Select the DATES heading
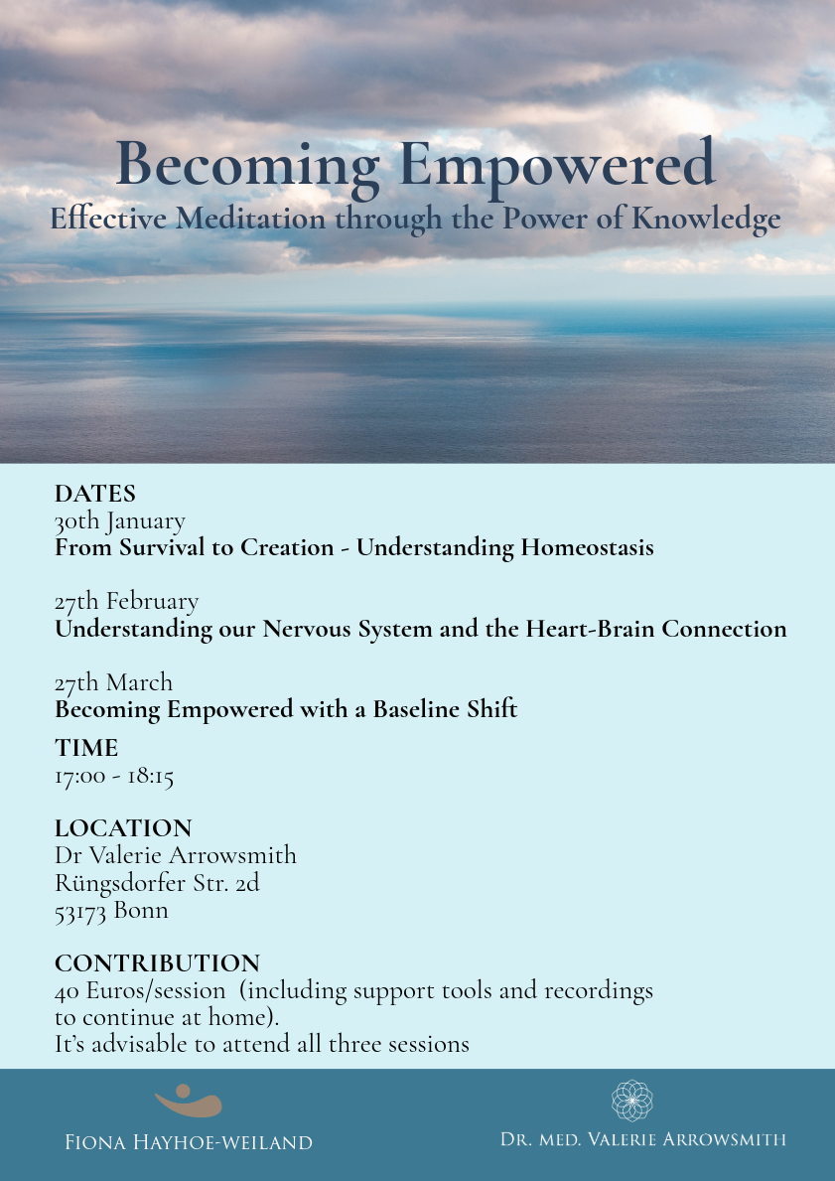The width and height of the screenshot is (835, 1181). (95, 494)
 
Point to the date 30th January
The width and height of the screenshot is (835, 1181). (119, 520)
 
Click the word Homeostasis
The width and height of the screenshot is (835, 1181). (579, 547)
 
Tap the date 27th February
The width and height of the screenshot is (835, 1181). (126, 601)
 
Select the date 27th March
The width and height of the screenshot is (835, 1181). (113, 682)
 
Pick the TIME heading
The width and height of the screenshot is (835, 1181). (86, 748)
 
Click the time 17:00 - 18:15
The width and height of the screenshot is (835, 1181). (114, 776)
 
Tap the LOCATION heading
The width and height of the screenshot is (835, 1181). (123, 828)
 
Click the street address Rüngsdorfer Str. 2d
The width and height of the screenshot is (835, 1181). (157, 882)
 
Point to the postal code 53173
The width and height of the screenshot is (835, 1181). (81, 910)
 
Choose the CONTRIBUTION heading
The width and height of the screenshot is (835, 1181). (157, 963)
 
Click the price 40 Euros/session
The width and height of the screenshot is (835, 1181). (139, 990)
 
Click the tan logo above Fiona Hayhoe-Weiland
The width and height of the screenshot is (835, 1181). (189, 1101)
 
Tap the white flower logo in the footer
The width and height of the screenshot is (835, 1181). (631, 1101)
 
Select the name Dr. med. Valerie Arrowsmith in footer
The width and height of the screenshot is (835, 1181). (642, 1139)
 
